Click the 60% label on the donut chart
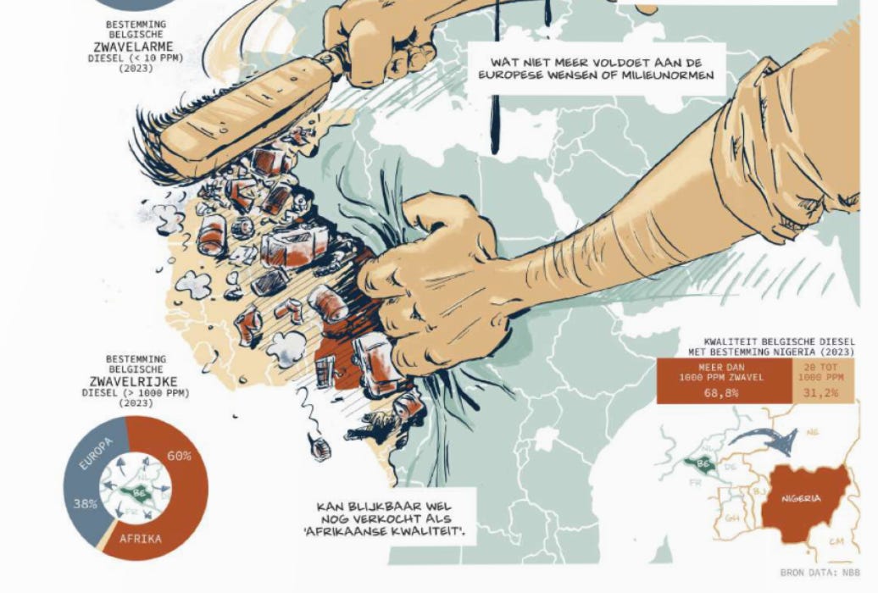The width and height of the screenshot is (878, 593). pos(180,456)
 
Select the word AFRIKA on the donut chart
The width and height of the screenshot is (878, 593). pos(141,539)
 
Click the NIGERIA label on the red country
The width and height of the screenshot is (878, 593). pos(801,499)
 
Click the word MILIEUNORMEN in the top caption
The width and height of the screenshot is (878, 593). pos(670,75)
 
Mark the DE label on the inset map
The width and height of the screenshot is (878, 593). pos(731,466)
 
